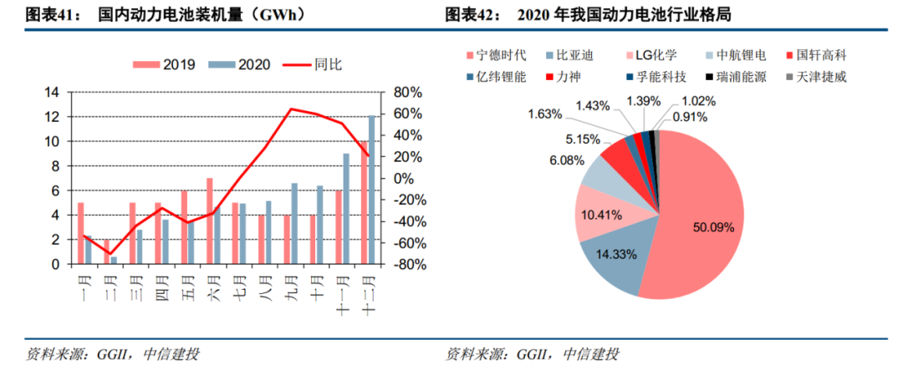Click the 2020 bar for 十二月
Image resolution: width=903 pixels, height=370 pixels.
coord(372,190)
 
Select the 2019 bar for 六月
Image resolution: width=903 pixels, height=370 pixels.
coord(210,221)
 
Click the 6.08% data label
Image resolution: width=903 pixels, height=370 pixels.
coord(565,160)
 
